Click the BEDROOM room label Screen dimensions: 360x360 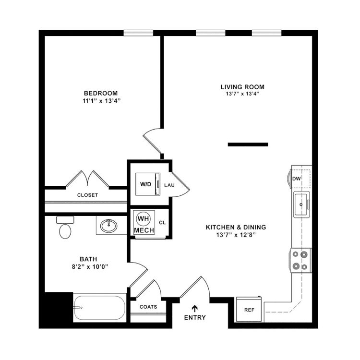101,93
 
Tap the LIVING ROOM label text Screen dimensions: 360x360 242,87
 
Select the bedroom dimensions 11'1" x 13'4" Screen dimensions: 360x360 101,101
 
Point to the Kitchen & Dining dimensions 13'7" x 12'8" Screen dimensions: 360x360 236,235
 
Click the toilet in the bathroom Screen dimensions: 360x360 65,227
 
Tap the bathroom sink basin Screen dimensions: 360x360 108,226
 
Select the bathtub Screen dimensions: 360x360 99,307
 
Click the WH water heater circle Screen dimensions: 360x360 144,218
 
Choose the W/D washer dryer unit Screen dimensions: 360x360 148,184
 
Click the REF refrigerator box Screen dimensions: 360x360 249,309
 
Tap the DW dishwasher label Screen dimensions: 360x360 297,179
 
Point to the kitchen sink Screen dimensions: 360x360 301,204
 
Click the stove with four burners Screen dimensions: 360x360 301,260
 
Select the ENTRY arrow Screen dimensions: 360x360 195,309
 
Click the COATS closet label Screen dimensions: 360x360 148,307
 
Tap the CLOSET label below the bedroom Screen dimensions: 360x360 87,195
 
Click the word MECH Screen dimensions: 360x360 144,230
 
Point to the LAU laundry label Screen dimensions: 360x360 169,185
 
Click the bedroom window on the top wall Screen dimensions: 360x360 138,33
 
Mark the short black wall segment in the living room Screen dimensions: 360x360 248,144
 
